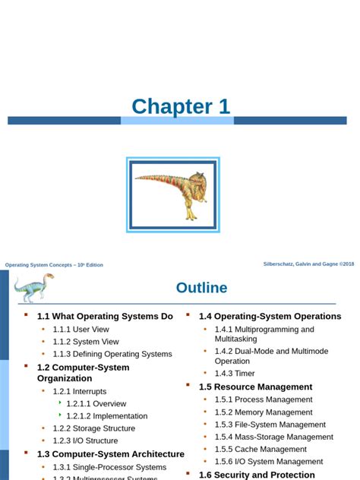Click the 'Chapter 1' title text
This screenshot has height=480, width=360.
(x=180, y=106)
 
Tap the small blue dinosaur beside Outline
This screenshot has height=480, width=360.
(x=33, y=287)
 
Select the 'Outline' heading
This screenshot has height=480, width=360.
(x=201, y=288)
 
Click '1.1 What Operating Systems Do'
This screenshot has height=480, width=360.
(x=105, y=316)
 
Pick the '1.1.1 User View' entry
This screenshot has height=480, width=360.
(x=81, y=330)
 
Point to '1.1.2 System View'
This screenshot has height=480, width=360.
(x=84, y=342)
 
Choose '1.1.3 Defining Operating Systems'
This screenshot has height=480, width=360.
(x=112, y=354)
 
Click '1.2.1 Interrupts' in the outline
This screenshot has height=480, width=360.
(x=80, y=391)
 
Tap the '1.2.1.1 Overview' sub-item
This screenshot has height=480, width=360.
(x=96, y=404)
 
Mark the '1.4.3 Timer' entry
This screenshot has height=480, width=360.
(x=235, y=373)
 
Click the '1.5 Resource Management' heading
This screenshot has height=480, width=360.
(x=255, y=387)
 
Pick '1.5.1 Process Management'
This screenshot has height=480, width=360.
(x=263, y=399)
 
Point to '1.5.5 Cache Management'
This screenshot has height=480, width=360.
(x=260, y=449)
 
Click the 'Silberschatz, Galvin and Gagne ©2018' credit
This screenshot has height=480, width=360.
(x=308, y=264)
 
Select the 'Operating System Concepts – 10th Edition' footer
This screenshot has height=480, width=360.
(x=54, y=265)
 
